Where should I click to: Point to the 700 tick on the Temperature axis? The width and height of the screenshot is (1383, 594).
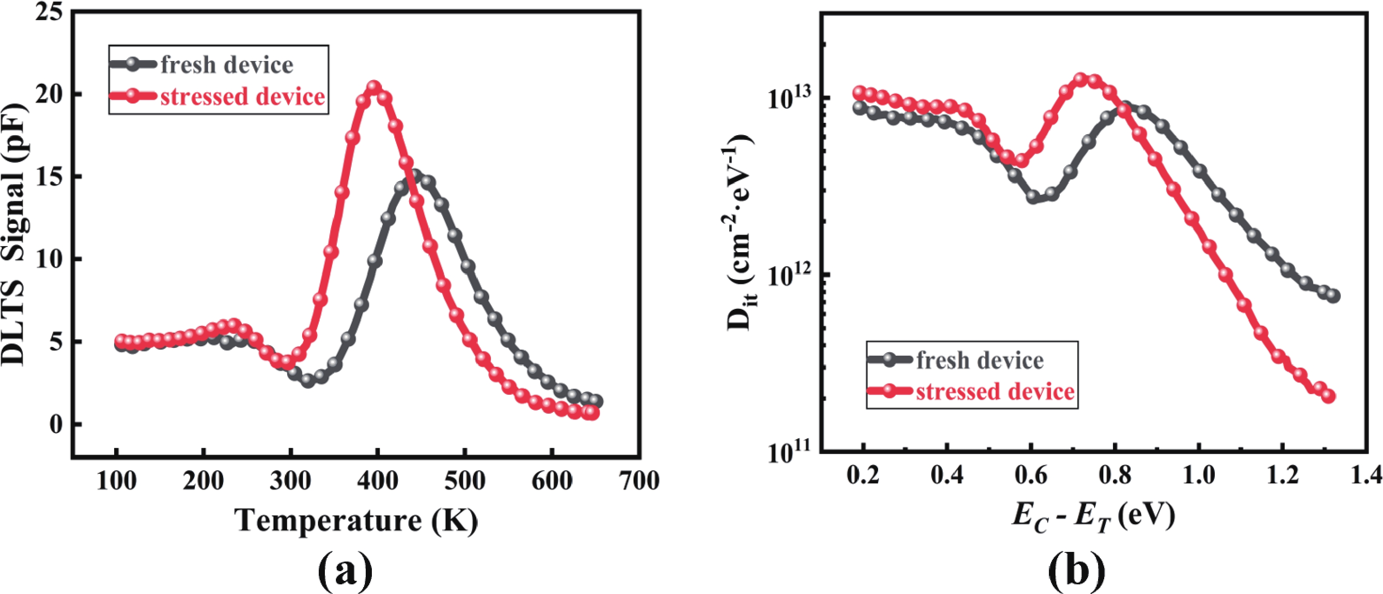639,481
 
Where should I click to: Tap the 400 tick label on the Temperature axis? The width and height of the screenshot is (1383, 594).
378,481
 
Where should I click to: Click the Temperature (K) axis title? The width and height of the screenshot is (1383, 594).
357,520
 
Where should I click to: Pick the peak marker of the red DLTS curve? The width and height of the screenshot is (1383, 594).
374,87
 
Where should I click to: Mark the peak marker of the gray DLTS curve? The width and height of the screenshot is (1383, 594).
414,175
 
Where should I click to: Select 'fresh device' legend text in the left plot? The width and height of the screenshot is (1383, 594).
227,65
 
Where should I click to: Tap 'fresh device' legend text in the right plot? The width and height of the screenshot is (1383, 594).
980,360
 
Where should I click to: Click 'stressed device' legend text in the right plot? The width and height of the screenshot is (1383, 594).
995,391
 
